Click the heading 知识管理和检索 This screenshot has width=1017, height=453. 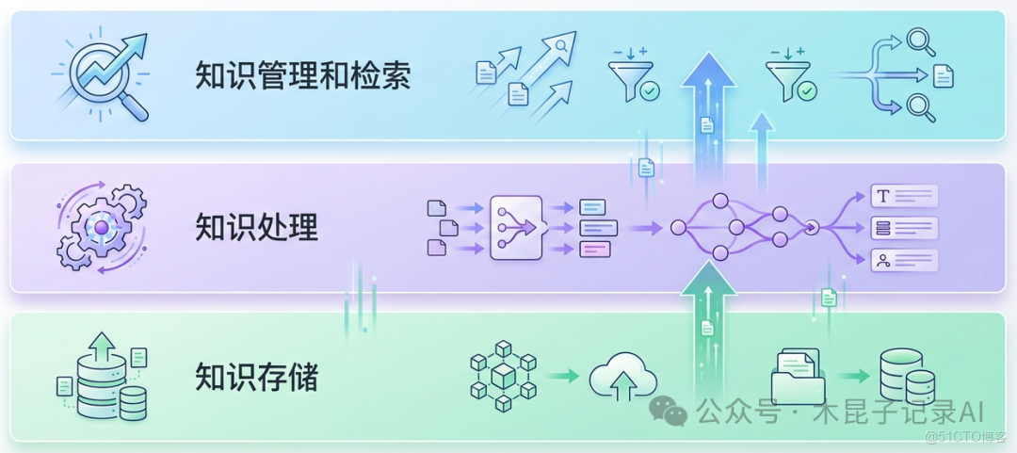coord(302,75)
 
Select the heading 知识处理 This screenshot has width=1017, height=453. coord(256,227)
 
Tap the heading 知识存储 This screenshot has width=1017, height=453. coord(256,377)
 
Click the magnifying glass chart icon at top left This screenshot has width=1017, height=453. coord(101,75)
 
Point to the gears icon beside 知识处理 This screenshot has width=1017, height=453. coord(101,227)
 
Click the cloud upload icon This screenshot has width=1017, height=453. coord(621,378)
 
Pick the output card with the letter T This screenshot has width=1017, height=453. coord(904,196)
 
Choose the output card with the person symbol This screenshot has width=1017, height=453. coord(904,260)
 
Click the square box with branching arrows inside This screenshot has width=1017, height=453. coord(516,227)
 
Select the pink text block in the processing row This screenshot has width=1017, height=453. coord(594,250)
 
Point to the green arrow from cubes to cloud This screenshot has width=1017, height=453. coord(563,377)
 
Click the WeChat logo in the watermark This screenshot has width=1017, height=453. coord(670,412)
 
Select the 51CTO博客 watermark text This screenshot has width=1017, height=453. coord(966,437)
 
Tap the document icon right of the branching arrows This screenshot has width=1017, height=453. coord(944,76)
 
